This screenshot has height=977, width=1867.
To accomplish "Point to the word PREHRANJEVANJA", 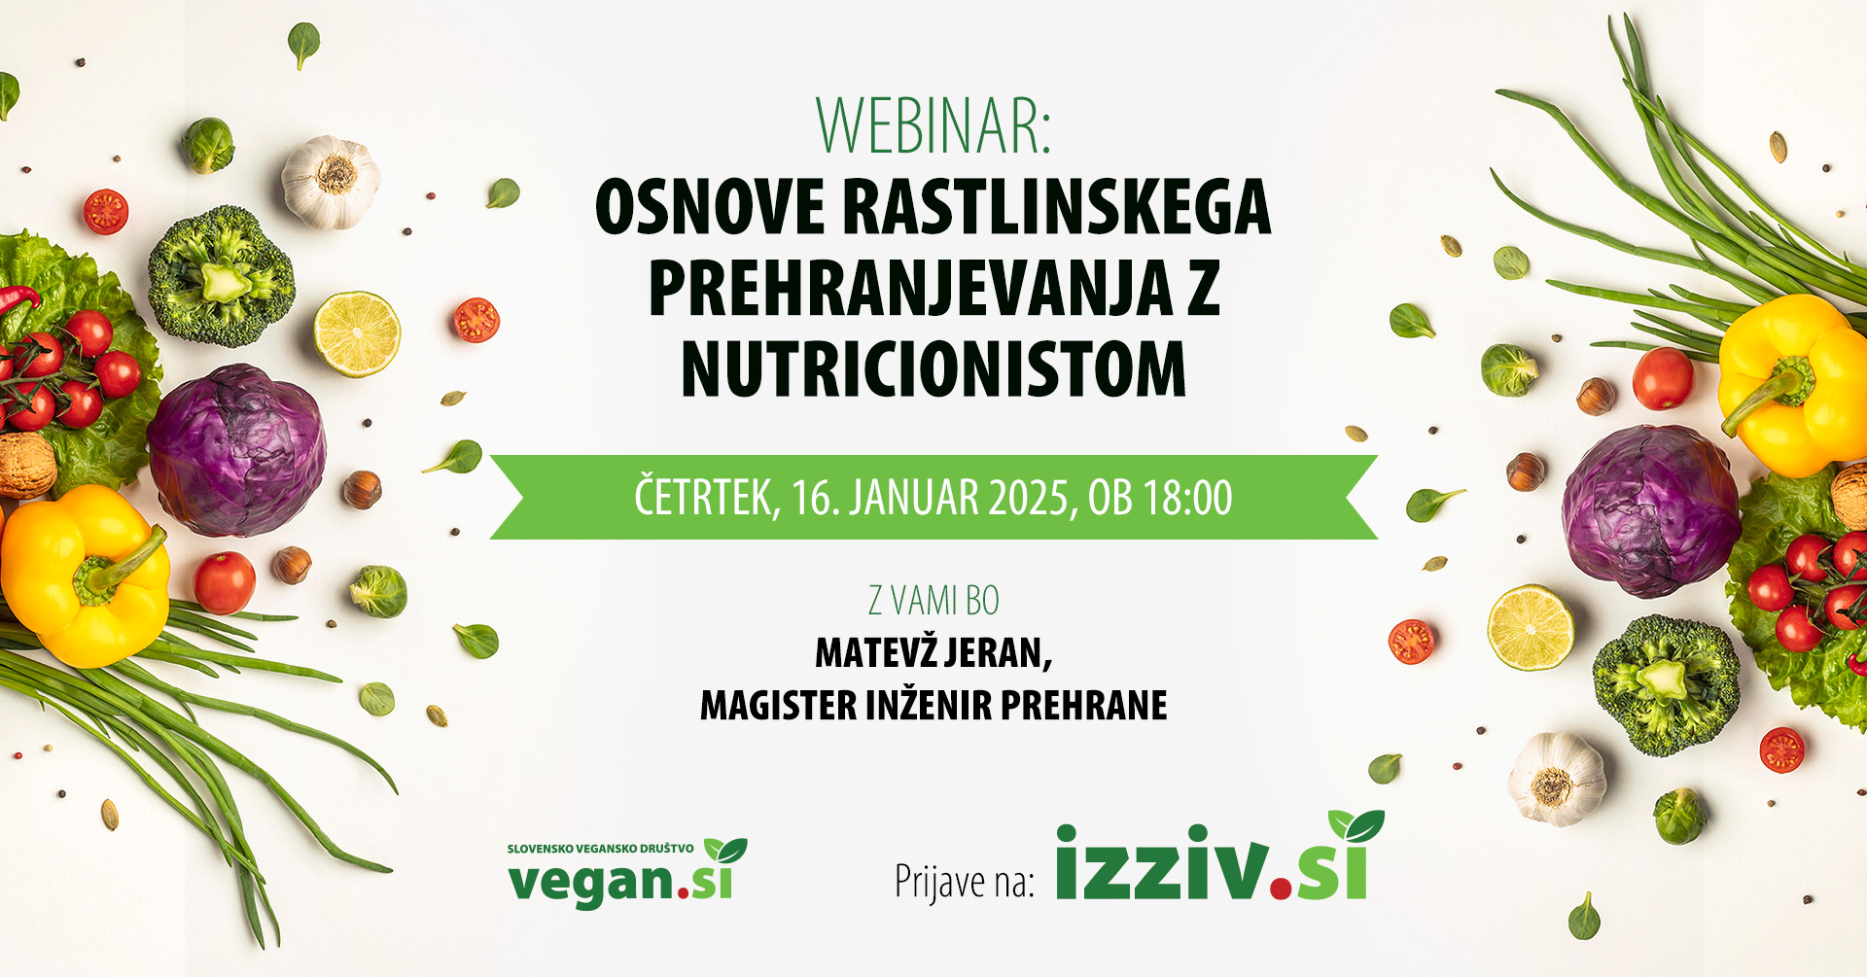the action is pos(910,288).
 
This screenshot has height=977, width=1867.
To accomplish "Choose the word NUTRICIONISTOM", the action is pos(933,368).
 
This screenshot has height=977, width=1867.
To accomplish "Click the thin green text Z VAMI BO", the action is pos(933,601).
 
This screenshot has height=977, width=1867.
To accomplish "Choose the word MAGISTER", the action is pos(778,705).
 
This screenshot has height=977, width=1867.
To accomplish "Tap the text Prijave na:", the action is pos(965,881).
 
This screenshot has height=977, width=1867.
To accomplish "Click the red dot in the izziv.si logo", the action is pos(1282,887).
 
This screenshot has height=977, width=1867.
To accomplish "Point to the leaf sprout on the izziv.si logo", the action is pos(1356,826).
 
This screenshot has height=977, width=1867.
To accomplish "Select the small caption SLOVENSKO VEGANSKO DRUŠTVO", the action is pos(600,849).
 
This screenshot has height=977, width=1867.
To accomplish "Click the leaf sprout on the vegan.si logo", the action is pos(725,851).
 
